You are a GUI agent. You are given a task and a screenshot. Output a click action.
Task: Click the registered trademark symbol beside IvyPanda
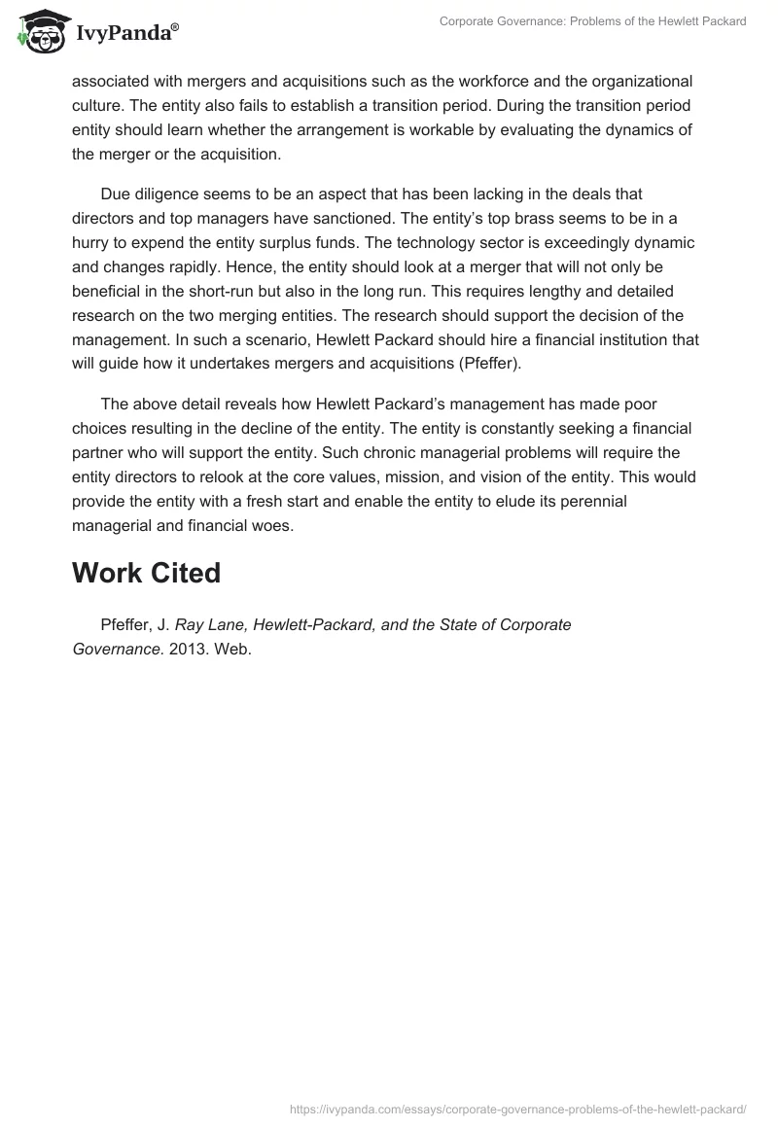pos(175,27)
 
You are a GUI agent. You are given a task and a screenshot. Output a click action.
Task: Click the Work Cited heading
pos(146,573)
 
